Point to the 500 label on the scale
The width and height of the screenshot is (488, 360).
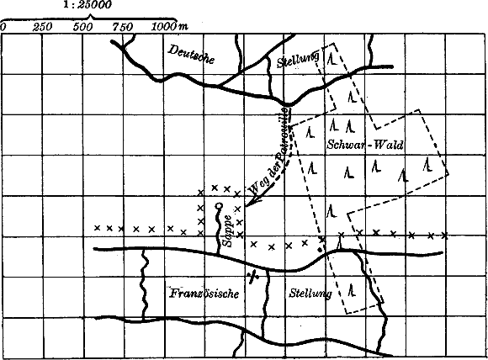click(82, 27)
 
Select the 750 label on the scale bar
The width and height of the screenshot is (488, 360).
click(123, 27)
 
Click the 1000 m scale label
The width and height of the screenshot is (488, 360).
click(169, 27)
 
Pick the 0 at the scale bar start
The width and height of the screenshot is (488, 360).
click(3, 27)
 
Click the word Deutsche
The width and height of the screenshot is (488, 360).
click(192, 56)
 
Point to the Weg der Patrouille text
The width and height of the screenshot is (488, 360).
click(271, 151)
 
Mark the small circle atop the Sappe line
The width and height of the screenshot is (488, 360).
click(219, 206)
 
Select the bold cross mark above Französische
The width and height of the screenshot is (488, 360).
click(252, 275)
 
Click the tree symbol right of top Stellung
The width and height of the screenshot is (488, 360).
click(334, 60)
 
